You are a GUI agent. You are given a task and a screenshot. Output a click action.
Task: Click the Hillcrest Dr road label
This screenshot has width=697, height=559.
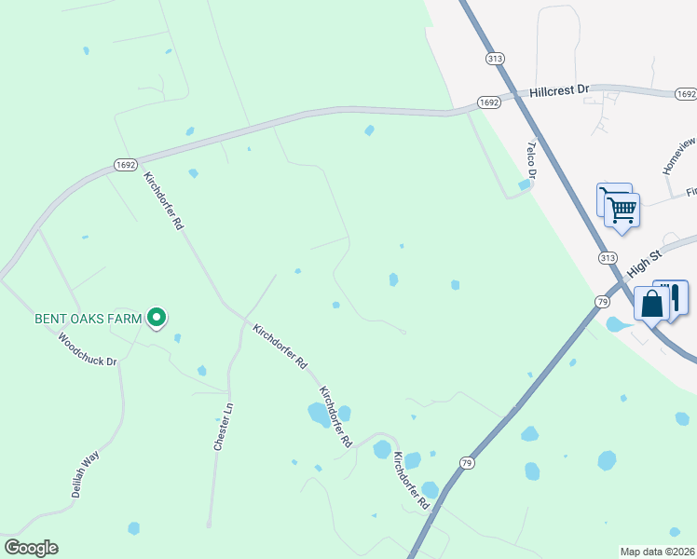[560, 90]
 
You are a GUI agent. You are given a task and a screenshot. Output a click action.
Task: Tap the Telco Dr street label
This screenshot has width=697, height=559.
[532, 159]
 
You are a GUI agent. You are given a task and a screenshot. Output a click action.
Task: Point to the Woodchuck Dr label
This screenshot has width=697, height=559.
[88, 348]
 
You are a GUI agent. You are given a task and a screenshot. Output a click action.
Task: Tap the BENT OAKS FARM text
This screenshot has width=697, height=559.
[88, 319]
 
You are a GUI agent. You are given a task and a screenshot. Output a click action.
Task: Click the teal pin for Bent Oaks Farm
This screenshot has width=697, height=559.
[157, 319]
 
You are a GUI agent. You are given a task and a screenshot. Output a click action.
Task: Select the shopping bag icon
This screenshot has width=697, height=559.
[650, 303]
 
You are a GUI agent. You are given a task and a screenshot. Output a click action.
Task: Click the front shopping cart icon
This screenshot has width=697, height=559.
[622, 209]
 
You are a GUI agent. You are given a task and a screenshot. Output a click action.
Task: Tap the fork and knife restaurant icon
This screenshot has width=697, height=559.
[673, 296]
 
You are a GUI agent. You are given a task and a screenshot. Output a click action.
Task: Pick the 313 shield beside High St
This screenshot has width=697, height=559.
[608, 257]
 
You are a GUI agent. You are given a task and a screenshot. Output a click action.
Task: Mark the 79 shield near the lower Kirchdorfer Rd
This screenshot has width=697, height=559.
[467, 462]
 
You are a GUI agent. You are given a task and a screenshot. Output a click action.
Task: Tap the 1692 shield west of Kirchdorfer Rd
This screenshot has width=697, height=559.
[127, 164]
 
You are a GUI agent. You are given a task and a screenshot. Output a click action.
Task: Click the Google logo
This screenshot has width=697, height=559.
[31, 548]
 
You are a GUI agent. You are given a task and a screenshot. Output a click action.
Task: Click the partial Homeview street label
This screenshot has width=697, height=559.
[678, 157]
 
